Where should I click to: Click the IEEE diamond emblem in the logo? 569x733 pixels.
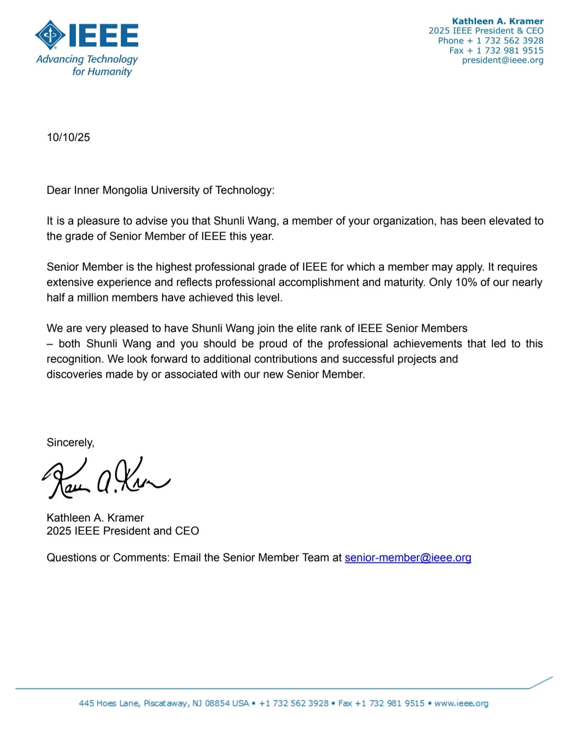(51, 35)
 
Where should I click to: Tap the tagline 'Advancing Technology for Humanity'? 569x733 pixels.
(87, 65)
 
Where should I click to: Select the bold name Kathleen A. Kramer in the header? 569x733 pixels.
(498, 21)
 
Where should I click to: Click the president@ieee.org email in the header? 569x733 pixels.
(503, 60)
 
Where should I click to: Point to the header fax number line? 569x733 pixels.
(496, 51)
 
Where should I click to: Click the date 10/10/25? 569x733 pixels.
(68, 137)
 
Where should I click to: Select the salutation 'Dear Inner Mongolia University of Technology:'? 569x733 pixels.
(160, 190)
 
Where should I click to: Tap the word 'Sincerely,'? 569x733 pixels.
(70, 442)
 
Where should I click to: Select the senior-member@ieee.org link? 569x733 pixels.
(408, 558)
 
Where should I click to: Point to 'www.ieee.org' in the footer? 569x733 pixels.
(461, 703)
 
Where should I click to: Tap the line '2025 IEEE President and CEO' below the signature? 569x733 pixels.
(123, 531)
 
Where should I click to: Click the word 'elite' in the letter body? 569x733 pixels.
(309, 328)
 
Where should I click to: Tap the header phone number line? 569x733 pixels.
(491, 41)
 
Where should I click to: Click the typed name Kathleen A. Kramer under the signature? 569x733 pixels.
(95, 518)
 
